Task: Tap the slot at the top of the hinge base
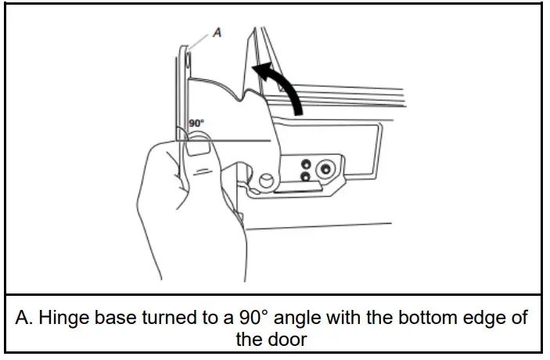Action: [189, 59]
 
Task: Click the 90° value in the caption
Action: [235, 319]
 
